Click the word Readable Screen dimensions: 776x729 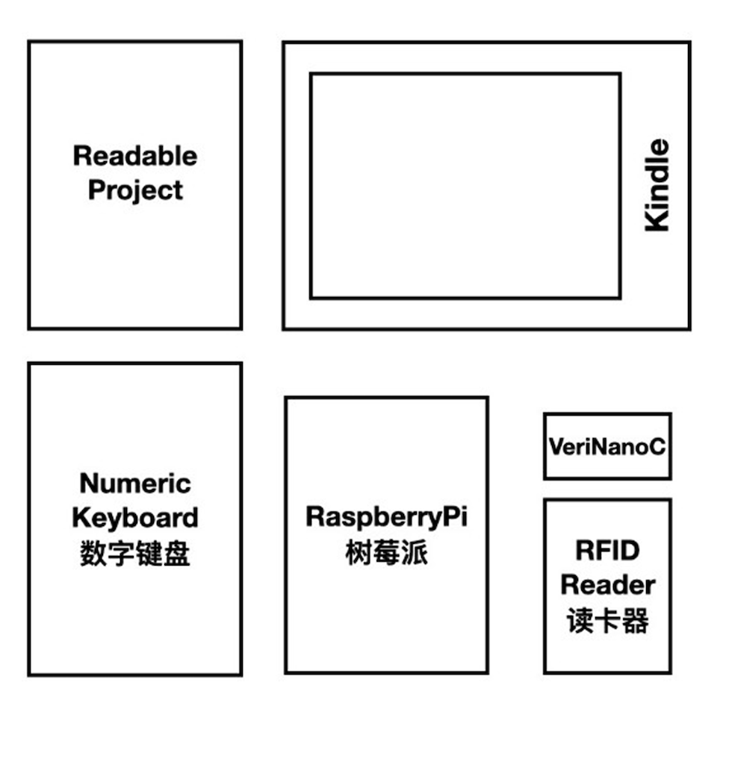click(x=135, y=156)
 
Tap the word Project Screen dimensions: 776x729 click(x=135, y=190)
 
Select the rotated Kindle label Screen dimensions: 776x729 click(x=657, y=185)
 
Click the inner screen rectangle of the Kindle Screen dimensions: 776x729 click(x=465, y=186)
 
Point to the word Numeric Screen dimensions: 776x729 click(x=135, y=484)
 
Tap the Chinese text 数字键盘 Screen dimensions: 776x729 click(x=135, y=554)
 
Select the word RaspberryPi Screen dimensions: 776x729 click(x=386, y=517)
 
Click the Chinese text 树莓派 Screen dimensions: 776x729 click(x=386, y=554)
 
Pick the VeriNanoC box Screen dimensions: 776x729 click(x=607, y=446)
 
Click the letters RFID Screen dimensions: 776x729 click(x=607, y=551)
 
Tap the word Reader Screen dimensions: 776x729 click(x=607, y=585)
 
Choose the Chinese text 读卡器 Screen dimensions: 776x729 click(x=607, y=621)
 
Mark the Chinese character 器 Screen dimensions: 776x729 click(x=635, y=621)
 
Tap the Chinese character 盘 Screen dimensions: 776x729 click(x=177, y=554)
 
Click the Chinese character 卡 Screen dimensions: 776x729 click(x=607, y=621)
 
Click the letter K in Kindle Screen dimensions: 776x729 click(x=657, y=219)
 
